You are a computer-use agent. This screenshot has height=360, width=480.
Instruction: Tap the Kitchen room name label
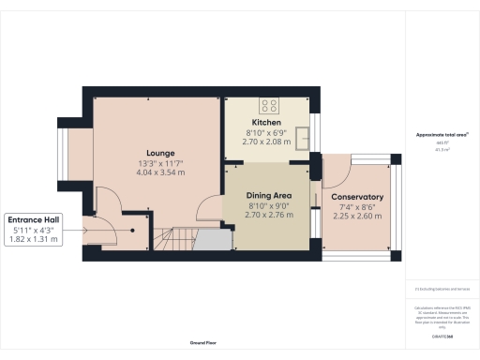(266, 123)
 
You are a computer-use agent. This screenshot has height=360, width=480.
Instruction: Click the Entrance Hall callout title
(36, 218)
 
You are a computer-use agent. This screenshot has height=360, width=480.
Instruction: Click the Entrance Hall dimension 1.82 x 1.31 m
(36, 239)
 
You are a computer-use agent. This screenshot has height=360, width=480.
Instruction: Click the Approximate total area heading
(442, 135)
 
